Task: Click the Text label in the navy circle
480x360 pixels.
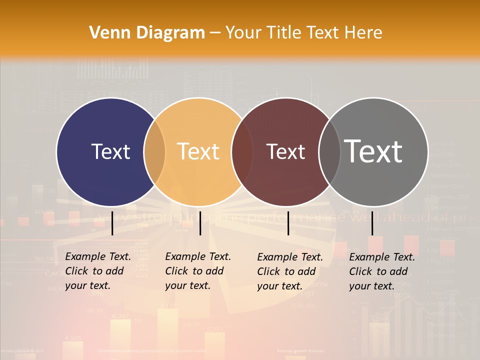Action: click(x=110, y=151)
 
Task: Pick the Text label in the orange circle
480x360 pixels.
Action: click(x=198, y=151)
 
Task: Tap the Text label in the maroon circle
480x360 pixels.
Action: click(x=285, y=151)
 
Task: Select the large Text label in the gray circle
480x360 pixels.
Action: click(x=373, y=151)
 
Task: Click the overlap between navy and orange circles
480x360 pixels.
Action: click(x=154, y=151)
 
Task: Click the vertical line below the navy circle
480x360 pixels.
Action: click(x=112, y=223)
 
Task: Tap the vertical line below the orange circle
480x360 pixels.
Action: click(x=200, y=223)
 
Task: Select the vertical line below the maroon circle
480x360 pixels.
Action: click(x=288, y=223)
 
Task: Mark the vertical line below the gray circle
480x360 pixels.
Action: click(x=372, y=223)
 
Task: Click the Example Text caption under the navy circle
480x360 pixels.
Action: click(x=97, y=271)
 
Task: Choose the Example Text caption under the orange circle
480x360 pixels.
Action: click(x=197, y=271)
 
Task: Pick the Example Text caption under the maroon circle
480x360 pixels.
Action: click(x=289, y=271)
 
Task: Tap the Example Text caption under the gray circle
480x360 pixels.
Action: click(x=381, y=271)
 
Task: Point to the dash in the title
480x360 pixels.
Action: click(x=215, y=33)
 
